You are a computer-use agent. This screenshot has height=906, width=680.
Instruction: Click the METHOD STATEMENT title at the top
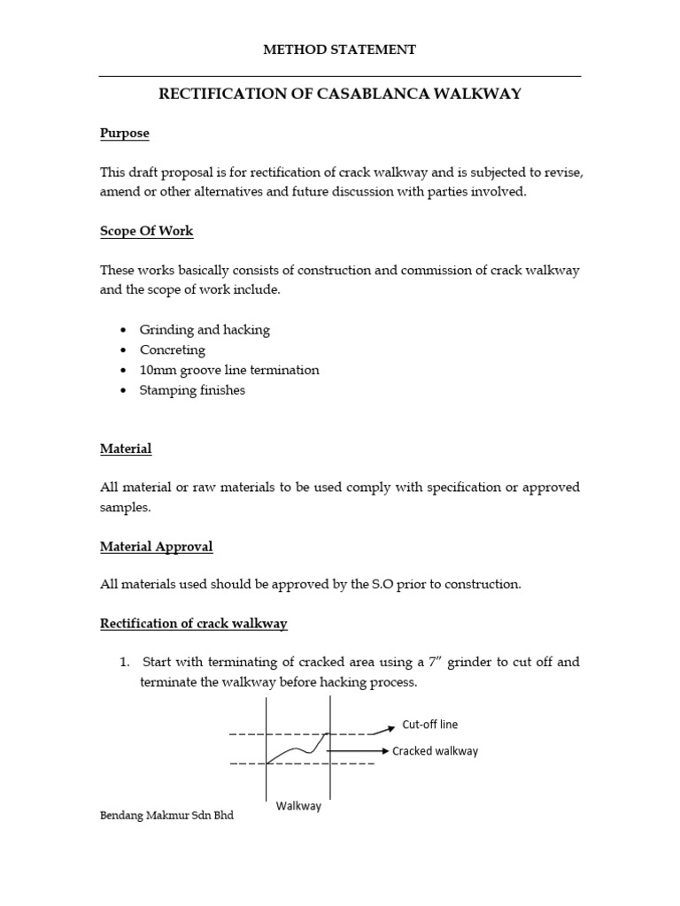339,50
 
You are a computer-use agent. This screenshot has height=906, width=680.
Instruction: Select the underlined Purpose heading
124,133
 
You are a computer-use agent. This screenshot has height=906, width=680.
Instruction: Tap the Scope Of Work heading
146,231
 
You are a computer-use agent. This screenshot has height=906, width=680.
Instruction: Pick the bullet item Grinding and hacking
205,329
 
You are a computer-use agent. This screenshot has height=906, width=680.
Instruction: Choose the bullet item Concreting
172,349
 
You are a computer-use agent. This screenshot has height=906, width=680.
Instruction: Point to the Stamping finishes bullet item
192,390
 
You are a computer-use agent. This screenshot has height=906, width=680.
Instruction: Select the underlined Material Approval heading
156,547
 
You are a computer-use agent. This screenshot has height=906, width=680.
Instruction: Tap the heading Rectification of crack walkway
193,624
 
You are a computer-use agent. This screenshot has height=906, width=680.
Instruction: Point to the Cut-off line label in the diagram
430,725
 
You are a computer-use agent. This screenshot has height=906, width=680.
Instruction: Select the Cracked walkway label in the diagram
435,751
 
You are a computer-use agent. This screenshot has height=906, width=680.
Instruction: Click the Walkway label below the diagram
298,806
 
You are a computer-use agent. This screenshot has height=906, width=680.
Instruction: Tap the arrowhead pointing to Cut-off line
390,726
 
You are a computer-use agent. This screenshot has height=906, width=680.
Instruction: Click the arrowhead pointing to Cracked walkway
384,751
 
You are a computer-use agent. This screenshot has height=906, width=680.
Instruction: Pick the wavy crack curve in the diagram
298,749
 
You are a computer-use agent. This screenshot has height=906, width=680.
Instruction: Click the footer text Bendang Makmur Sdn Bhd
166,816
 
